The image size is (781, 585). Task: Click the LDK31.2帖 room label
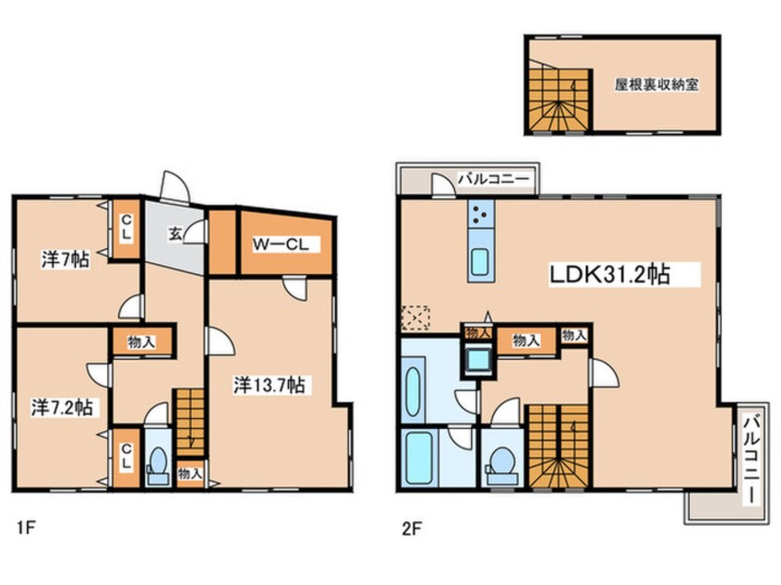[x=609, y=274]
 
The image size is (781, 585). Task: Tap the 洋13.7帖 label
[x=270, y=385]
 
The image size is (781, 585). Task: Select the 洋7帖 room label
[x=66, y=259]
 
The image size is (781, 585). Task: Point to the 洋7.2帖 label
[x=62, y=407]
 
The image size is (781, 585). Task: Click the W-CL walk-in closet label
[x=281, y=245]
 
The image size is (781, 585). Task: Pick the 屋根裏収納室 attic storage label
[x=656, y=85]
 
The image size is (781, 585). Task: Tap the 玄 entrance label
[x=174, y=233]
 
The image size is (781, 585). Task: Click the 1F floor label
[x=26, y=527]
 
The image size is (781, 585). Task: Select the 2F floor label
[x=412, y=528]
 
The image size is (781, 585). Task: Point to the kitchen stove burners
[x=481, y=213]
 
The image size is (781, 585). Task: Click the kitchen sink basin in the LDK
[x=480, y=261]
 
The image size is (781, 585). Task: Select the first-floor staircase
[x=190, y=422]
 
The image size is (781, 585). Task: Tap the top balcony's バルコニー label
[x=494, y=179]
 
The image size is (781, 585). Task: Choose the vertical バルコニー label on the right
[x=752, y=459]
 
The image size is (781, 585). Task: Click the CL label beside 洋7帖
[x=126, y=227]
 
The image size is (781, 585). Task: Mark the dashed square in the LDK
[x=415, y=318]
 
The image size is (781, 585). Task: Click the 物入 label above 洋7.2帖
[x=141, y=342]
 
